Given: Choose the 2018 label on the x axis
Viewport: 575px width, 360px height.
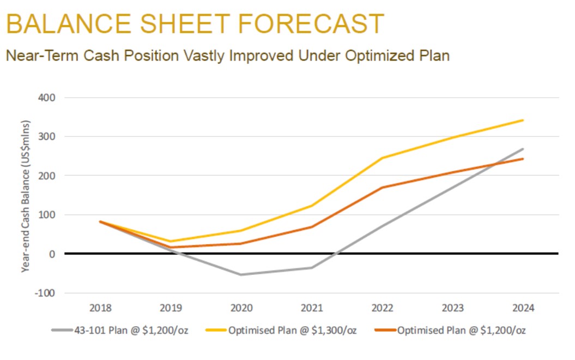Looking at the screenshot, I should point(100,308).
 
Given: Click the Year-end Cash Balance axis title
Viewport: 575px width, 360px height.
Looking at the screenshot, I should point(26,196).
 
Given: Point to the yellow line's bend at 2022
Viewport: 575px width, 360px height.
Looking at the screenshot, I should point(383,158).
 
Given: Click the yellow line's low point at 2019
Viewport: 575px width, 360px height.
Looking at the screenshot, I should point(171,241).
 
